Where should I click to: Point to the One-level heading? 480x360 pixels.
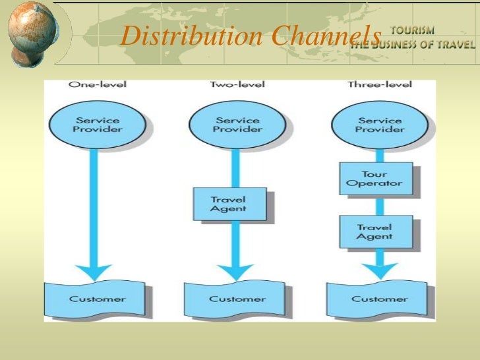click(98, 85)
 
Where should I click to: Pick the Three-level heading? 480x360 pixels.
click(379, 85)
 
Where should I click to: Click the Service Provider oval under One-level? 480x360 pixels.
click(97, 125)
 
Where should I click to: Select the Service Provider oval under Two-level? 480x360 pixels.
click(237, 125)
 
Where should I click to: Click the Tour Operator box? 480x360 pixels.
click(375, 179)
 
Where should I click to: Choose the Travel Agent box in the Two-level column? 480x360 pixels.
click(229, 204)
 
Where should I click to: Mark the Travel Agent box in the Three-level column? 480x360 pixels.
click(375, 231)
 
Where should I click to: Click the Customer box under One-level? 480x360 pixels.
click(98, 299)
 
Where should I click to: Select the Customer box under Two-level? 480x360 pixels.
click(237, 299)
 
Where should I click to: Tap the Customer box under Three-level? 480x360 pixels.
click(379, 299)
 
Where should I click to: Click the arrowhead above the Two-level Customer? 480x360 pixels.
click(235, 271)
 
